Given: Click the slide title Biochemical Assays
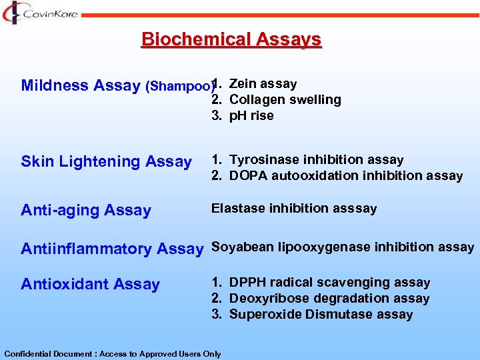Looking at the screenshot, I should (x=231, y=40).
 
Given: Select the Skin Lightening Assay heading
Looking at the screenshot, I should (x=106, y=161).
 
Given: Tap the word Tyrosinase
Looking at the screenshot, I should (x=264, y=159).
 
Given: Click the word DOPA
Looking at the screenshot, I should (x=247, y=175).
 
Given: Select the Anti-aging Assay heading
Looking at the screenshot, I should (x=86, y=210).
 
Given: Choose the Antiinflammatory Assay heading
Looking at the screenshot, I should (x=111, y=249).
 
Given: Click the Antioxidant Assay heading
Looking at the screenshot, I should (x=90, y=284).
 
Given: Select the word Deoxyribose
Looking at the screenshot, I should (x=266, y=298).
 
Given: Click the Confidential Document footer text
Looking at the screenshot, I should (x=113, y=353).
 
